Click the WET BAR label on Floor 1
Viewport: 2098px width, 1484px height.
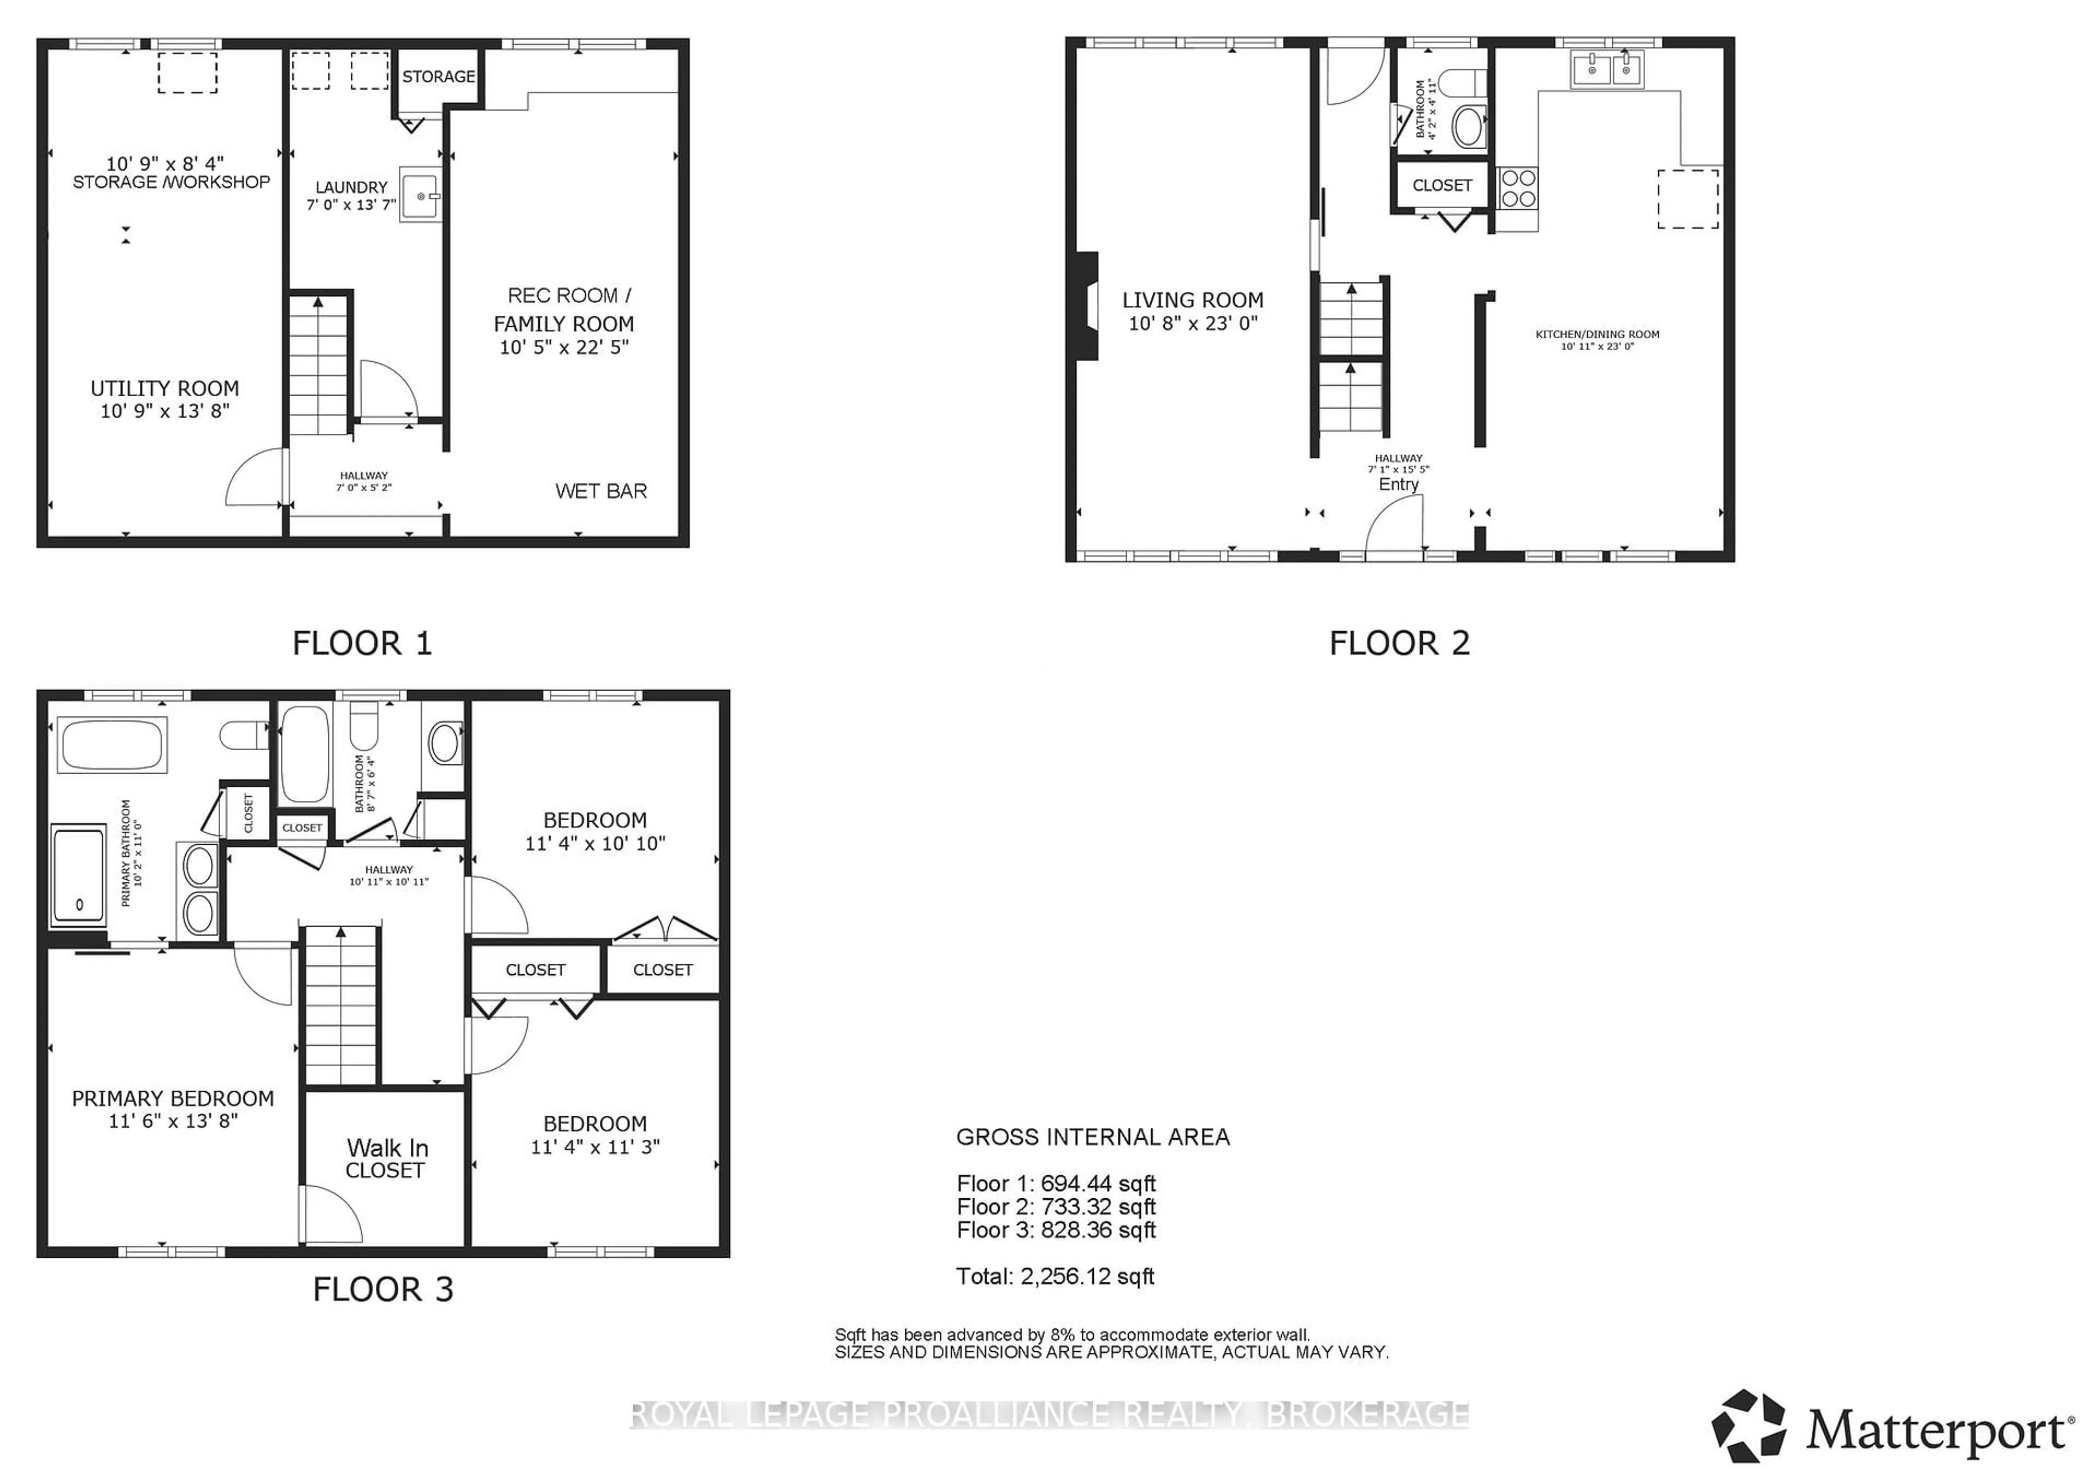pyautogui.click(x=600, y=492)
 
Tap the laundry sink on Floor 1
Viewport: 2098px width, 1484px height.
pyautogui.click(x=420, y=196)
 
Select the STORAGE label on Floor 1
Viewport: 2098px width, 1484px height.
pyautogui.click(x=439, y=76)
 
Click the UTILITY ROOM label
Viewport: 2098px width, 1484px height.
pyautogui.click(x=164, y=388)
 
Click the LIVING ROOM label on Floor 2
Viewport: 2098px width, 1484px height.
pyautogui.click(x=1193, y=300)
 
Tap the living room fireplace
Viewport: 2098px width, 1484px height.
pyautogui.click(x=1087, y=306)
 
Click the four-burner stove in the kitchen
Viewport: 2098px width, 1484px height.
pyautogui.click(x=1517, y=189)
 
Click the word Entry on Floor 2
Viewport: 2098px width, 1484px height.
pyautogui.click(x=1398, y=484)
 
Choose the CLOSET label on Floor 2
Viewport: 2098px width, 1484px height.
pyautogui.click(x=1442, y=186)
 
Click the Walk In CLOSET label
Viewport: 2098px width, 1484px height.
pyautogui.click(x=386, y=1159)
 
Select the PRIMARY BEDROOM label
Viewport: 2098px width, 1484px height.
pyautogui.click(x=173, y=1098)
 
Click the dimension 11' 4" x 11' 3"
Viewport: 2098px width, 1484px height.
pyautogui.click(x=595, y=1147)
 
